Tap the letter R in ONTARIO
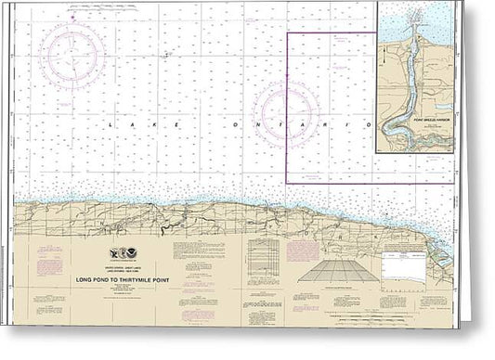[x=341, y=124]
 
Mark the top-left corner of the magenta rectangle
[x=287, y=33]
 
